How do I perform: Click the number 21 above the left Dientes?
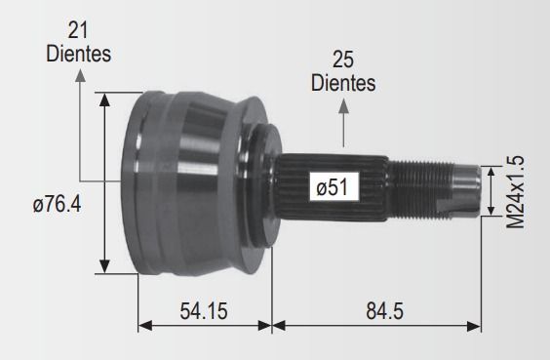click(78, 30)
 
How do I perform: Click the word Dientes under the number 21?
click(79, 54)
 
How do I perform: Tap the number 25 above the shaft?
click(343, 60)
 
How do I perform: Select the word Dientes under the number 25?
click(343, 83)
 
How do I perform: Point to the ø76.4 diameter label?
click(57, 204)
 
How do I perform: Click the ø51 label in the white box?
click(333, 187)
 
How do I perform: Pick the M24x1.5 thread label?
click(516, 192)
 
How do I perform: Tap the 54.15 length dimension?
click(204, 311)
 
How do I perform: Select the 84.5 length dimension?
click(385, 311)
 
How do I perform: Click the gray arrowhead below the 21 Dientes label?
click(80, 75)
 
